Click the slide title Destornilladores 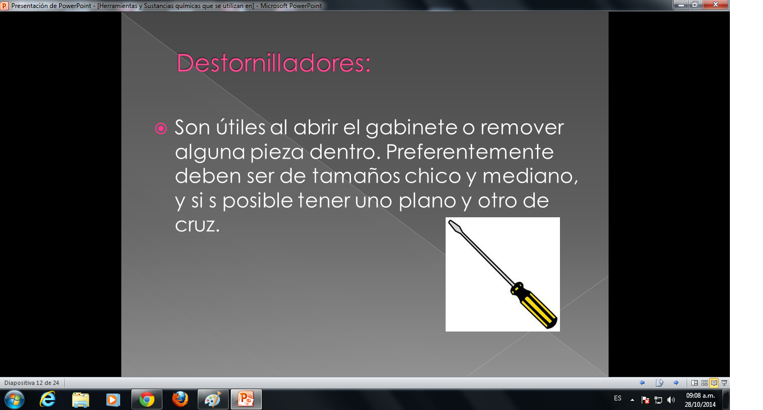(273, 63)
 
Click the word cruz (197, 225)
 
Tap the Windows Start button (14, 399)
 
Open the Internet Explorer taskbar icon (48, 399)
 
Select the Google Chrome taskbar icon (146, 399)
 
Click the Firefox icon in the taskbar (180, 399)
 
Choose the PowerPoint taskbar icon (246, 399)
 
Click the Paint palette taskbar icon (213, 399)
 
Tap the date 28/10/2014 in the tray (700, 404)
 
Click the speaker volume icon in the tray (671, 399)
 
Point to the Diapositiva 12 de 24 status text (32, 383)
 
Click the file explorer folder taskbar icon (81, 399)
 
